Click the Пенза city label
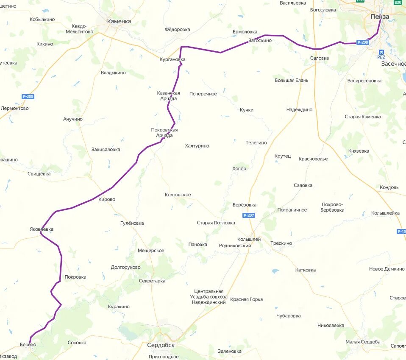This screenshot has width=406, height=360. (379, 17)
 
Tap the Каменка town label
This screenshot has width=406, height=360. (119, 21)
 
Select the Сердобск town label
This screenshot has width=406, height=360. (161, 345)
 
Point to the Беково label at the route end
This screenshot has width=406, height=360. (28, 345)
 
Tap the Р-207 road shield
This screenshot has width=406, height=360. (249, 215)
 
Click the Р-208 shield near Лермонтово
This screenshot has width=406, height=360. (28, 97)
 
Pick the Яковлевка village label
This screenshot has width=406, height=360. (42, 229)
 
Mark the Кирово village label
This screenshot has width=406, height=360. (106, 199)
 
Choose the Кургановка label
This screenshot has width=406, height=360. (172, 59)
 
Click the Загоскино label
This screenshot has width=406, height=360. (260, 41)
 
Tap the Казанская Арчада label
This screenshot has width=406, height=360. (169, 96)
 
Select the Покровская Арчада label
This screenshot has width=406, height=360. (164, 133)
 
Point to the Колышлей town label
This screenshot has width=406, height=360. (249, 239)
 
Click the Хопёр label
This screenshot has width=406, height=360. (239, 169)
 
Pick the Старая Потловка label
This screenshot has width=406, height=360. (216, 223)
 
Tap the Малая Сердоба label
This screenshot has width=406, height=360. (363, 342)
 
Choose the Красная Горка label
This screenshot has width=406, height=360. (246, 299)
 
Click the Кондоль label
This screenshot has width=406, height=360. (389, 187)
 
